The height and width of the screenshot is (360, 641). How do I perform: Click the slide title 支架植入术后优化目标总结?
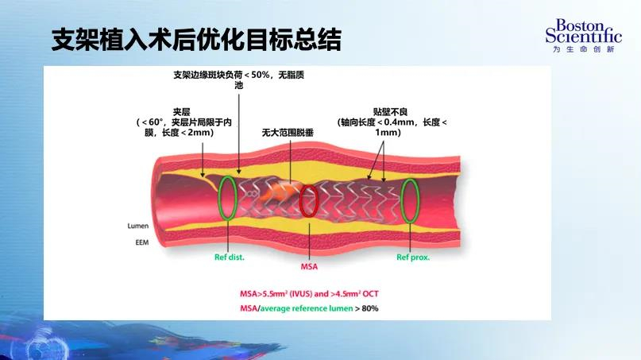pos(196,40)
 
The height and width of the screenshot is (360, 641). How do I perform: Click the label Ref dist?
pos(230,257)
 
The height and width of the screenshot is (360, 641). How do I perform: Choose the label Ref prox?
pos(413,257)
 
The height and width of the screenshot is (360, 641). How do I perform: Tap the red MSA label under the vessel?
pos(309,267)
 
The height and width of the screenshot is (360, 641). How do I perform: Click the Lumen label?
pos(137,226)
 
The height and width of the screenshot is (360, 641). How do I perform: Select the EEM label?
pos(142,242)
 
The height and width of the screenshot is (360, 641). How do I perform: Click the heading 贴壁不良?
pos(391,112)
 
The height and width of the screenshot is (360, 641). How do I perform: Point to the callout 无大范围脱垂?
pos(288,133)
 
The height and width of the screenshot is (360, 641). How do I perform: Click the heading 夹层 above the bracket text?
pos(182,112)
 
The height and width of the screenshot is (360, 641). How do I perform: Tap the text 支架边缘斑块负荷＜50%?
pos(222,75)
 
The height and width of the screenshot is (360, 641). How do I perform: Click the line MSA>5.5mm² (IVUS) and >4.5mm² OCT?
pos(309,294)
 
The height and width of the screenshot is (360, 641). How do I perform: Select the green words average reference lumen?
pos(307,308)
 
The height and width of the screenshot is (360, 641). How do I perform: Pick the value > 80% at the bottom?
pos(367,308)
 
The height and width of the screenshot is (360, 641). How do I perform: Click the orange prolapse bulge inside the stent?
pos(280,192)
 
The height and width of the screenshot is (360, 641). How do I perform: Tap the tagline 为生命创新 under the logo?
pos(584,49)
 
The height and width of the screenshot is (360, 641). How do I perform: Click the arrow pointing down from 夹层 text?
pos(203,160)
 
